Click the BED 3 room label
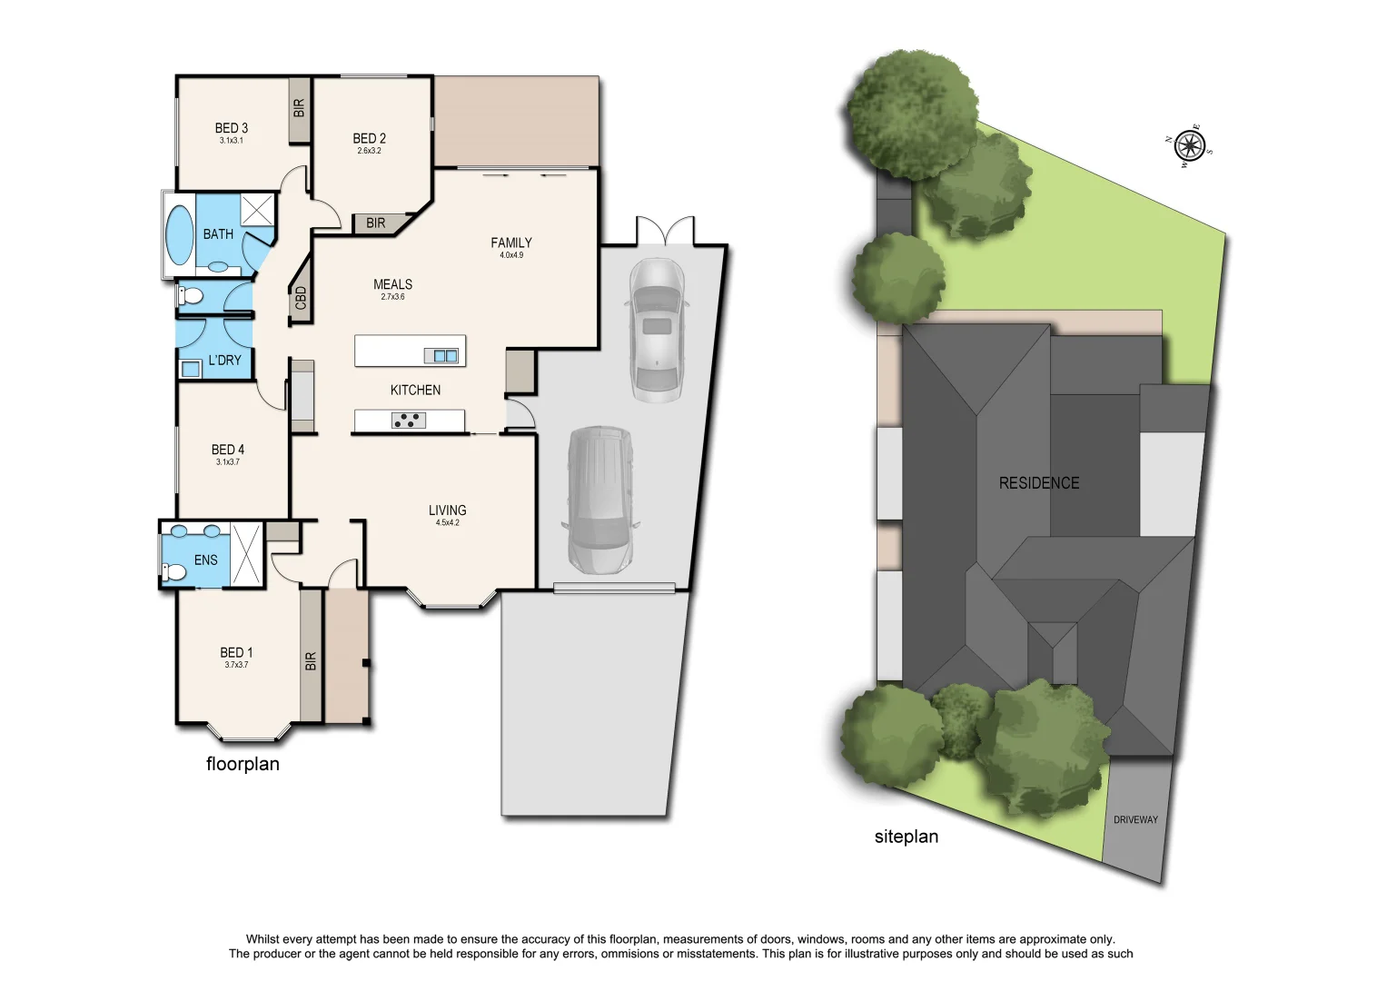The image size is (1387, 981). tap(231, 128)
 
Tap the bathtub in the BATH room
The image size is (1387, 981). tap(179, 234)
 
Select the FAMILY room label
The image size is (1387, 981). tap(510, 243)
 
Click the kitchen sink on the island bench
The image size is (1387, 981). tap(445, 355)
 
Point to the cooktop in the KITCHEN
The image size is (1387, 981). tap(408, 420)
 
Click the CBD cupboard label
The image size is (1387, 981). tap(301, 298)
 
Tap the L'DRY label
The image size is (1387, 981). tap(224, 360)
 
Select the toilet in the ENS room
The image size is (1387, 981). tap(173, 571)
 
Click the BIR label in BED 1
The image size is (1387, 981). tap(311, 660)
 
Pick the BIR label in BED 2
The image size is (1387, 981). tap(375, 223)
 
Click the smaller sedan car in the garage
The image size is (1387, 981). tap(656, 329)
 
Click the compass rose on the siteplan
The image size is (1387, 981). tap(1189, 145)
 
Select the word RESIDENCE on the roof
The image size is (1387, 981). tap(1039, 483)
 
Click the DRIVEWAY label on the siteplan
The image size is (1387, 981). tap(1135, 819)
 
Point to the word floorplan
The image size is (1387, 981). tap(243, 764)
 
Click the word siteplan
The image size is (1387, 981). tap(906, 837)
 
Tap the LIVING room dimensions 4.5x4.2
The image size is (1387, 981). tap(447, 523)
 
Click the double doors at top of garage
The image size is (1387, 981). tap(665, 231)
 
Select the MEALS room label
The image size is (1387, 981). tap(392, 284)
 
